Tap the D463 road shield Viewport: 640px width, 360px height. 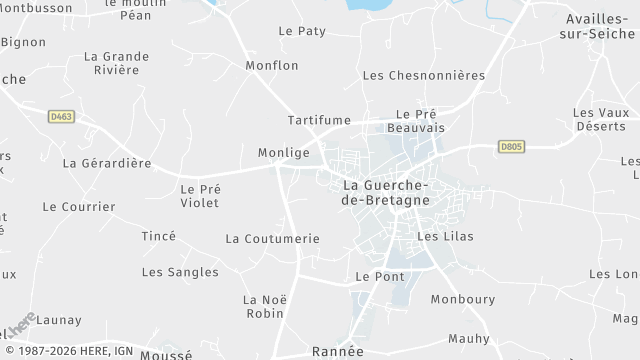(x=61, y=117)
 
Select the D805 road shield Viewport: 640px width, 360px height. (x=511, y=146)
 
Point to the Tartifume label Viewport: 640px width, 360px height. (x=319, y=120)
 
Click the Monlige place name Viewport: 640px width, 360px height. (x=283, y=152)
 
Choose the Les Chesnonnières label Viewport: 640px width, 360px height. (x=423, y=75)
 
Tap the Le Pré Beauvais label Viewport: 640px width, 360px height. (x=415, y=121)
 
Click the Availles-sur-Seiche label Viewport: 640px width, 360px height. (x=601, y=26)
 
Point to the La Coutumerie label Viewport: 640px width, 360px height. (x=273, y=238)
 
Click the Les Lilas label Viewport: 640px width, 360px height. (x=444, y=236)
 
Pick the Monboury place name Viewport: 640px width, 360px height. (x=462, y=299)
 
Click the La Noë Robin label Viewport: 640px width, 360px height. (x=264, y=306)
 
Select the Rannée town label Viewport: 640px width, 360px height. (x=338, y=351)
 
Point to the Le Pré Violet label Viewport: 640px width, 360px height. (x=200, y=195)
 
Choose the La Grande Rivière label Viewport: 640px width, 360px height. (x=116, y=63)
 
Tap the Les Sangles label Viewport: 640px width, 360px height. (x=180, y=272)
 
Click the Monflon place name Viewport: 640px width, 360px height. (x=272, y=65)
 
